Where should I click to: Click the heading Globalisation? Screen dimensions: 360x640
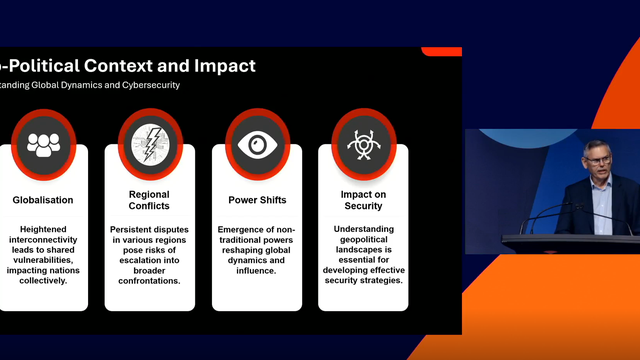click(43, 200)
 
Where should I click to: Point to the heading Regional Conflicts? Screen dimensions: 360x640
click(150, 200)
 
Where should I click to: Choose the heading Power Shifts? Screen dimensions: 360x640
click(257, 200)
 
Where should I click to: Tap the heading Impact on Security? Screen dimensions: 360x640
click(364, 200)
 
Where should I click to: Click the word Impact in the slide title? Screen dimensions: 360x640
click(219, 66)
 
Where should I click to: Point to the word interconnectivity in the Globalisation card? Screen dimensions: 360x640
click(43, 241)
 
